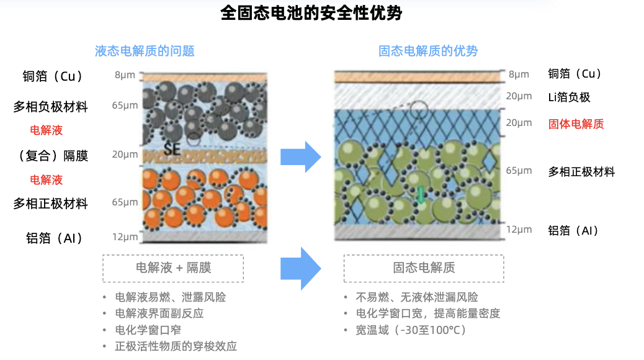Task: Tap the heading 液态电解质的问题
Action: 145,51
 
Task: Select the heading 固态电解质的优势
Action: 428,51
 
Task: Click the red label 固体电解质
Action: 576,124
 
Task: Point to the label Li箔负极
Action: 569,97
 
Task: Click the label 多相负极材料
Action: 50,107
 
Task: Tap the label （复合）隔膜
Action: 50,155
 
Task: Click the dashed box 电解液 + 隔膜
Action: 173,268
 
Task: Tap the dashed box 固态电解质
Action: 424,268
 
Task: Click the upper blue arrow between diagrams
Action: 300,157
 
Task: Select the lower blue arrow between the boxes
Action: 300,268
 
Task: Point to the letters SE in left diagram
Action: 172,150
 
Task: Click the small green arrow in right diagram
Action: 420,194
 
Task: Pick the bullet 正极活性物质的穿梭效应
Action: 176,346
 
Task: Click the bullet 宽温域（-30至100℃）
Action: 411,330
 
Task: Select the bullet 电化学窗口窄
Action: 148,330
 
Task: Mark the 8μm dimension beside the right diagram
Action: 519,74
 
